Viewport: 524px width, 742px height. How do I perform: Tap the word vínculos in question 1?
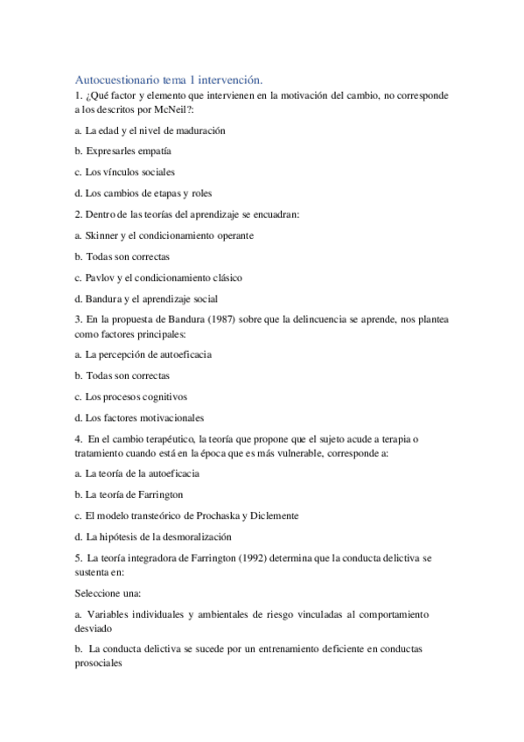[x=122, y=171]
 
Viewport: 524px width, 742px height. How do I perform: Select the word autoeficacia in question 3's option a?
[x=180, y=354]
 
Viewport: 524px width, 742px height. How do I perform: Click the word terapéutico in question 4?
[x=169, y=438]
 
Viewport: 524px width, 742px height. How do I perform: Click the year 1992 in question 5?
[x=248, y=557]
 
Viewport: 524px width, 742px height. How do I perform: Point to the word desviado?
[x=94, y=628]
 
